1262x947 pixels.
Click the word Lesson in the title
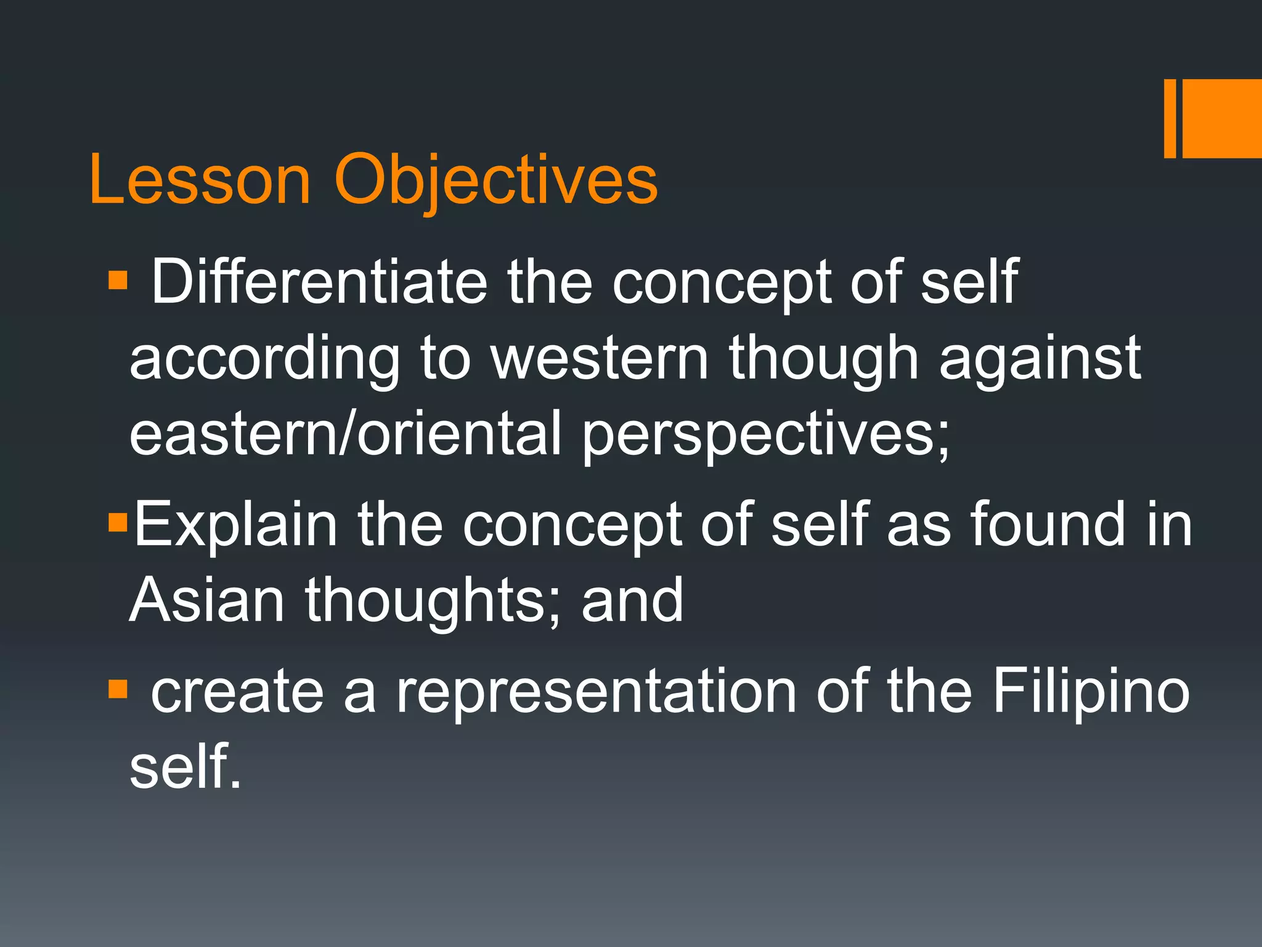[x=200, y=180]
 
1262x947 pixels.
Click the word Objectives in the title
[x=496, y=180]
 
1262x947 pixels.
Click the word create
[x=237, y=692]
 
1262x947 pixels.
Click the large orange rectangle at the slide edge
[x=1221, y=118]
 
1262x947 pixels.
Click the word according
[x=265, y=361]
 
